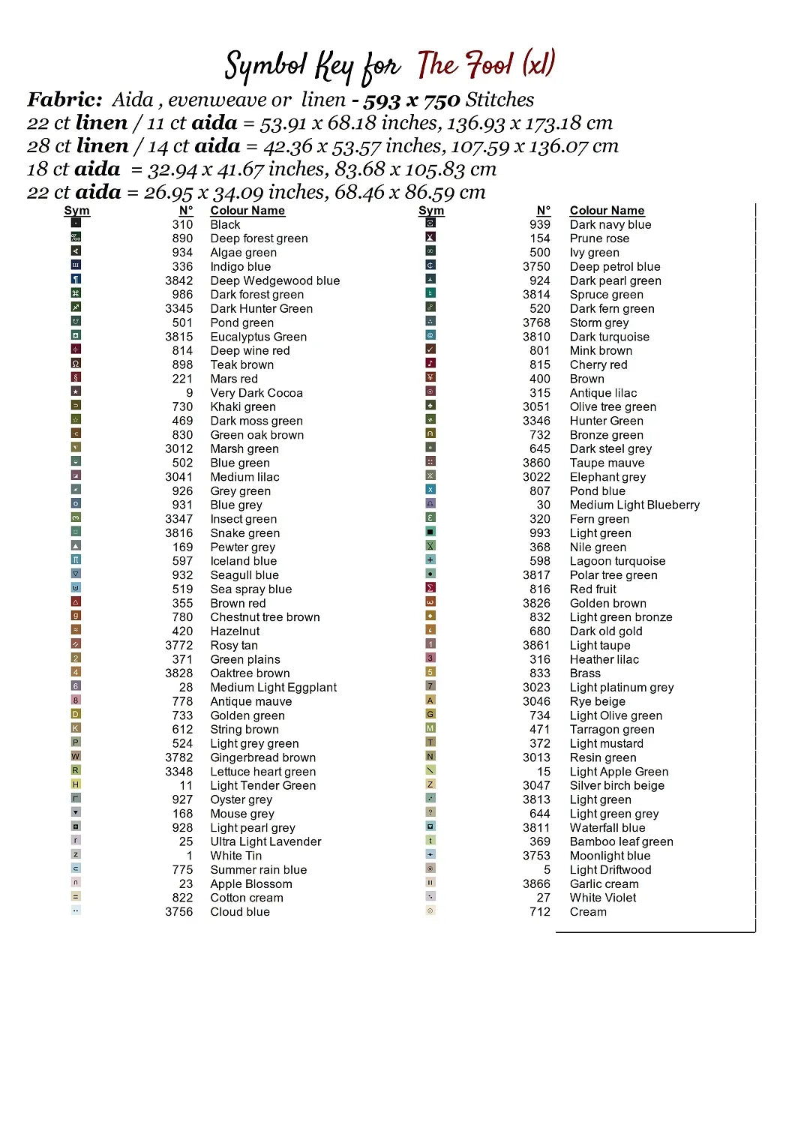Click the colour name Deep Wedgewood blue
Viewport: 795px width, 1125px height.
point(274,280)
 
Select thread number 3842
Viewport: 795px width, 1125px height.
point(179,280)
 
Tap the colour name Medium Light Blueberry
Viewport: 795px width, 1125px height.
point(634,505)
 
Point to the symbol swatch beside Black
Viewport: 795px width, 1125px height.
point(76,223)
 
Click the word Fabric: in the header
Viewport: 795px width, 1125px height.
point(64,100)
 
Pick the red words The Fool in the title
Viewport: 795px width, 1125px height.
point(465,65)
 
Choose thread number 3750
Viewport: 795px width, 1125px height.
point(536,266)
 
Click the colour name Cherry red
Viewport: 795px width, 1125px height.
point(598,364)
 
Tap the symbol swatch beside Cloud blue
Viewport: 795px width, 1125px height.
point(76,910)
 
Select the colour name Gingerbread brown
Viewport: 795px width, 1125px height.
point(262,757)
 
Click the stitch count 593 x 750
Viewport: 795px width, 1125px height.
point(412,100)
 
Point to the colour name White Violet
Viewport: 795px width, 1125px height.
point(603,898)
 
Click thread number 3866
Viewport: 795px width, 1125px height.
point(536,883)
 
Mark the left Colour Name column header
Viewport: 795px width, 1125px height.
point(247,211)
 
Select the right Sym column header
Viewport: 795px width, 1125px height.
point(431,211)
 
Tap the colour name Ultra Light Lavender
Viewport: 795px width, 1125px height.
point(265,841)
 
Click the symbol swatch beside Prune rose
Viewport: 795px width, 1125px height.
point(430,237)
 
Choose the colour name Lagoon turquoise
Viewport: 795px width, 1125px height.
point(617,561)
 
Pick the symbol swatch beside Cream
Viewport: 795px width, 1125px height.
point(430,910)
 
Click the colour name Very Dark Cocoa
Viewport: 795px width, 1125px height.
point(256,393)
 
